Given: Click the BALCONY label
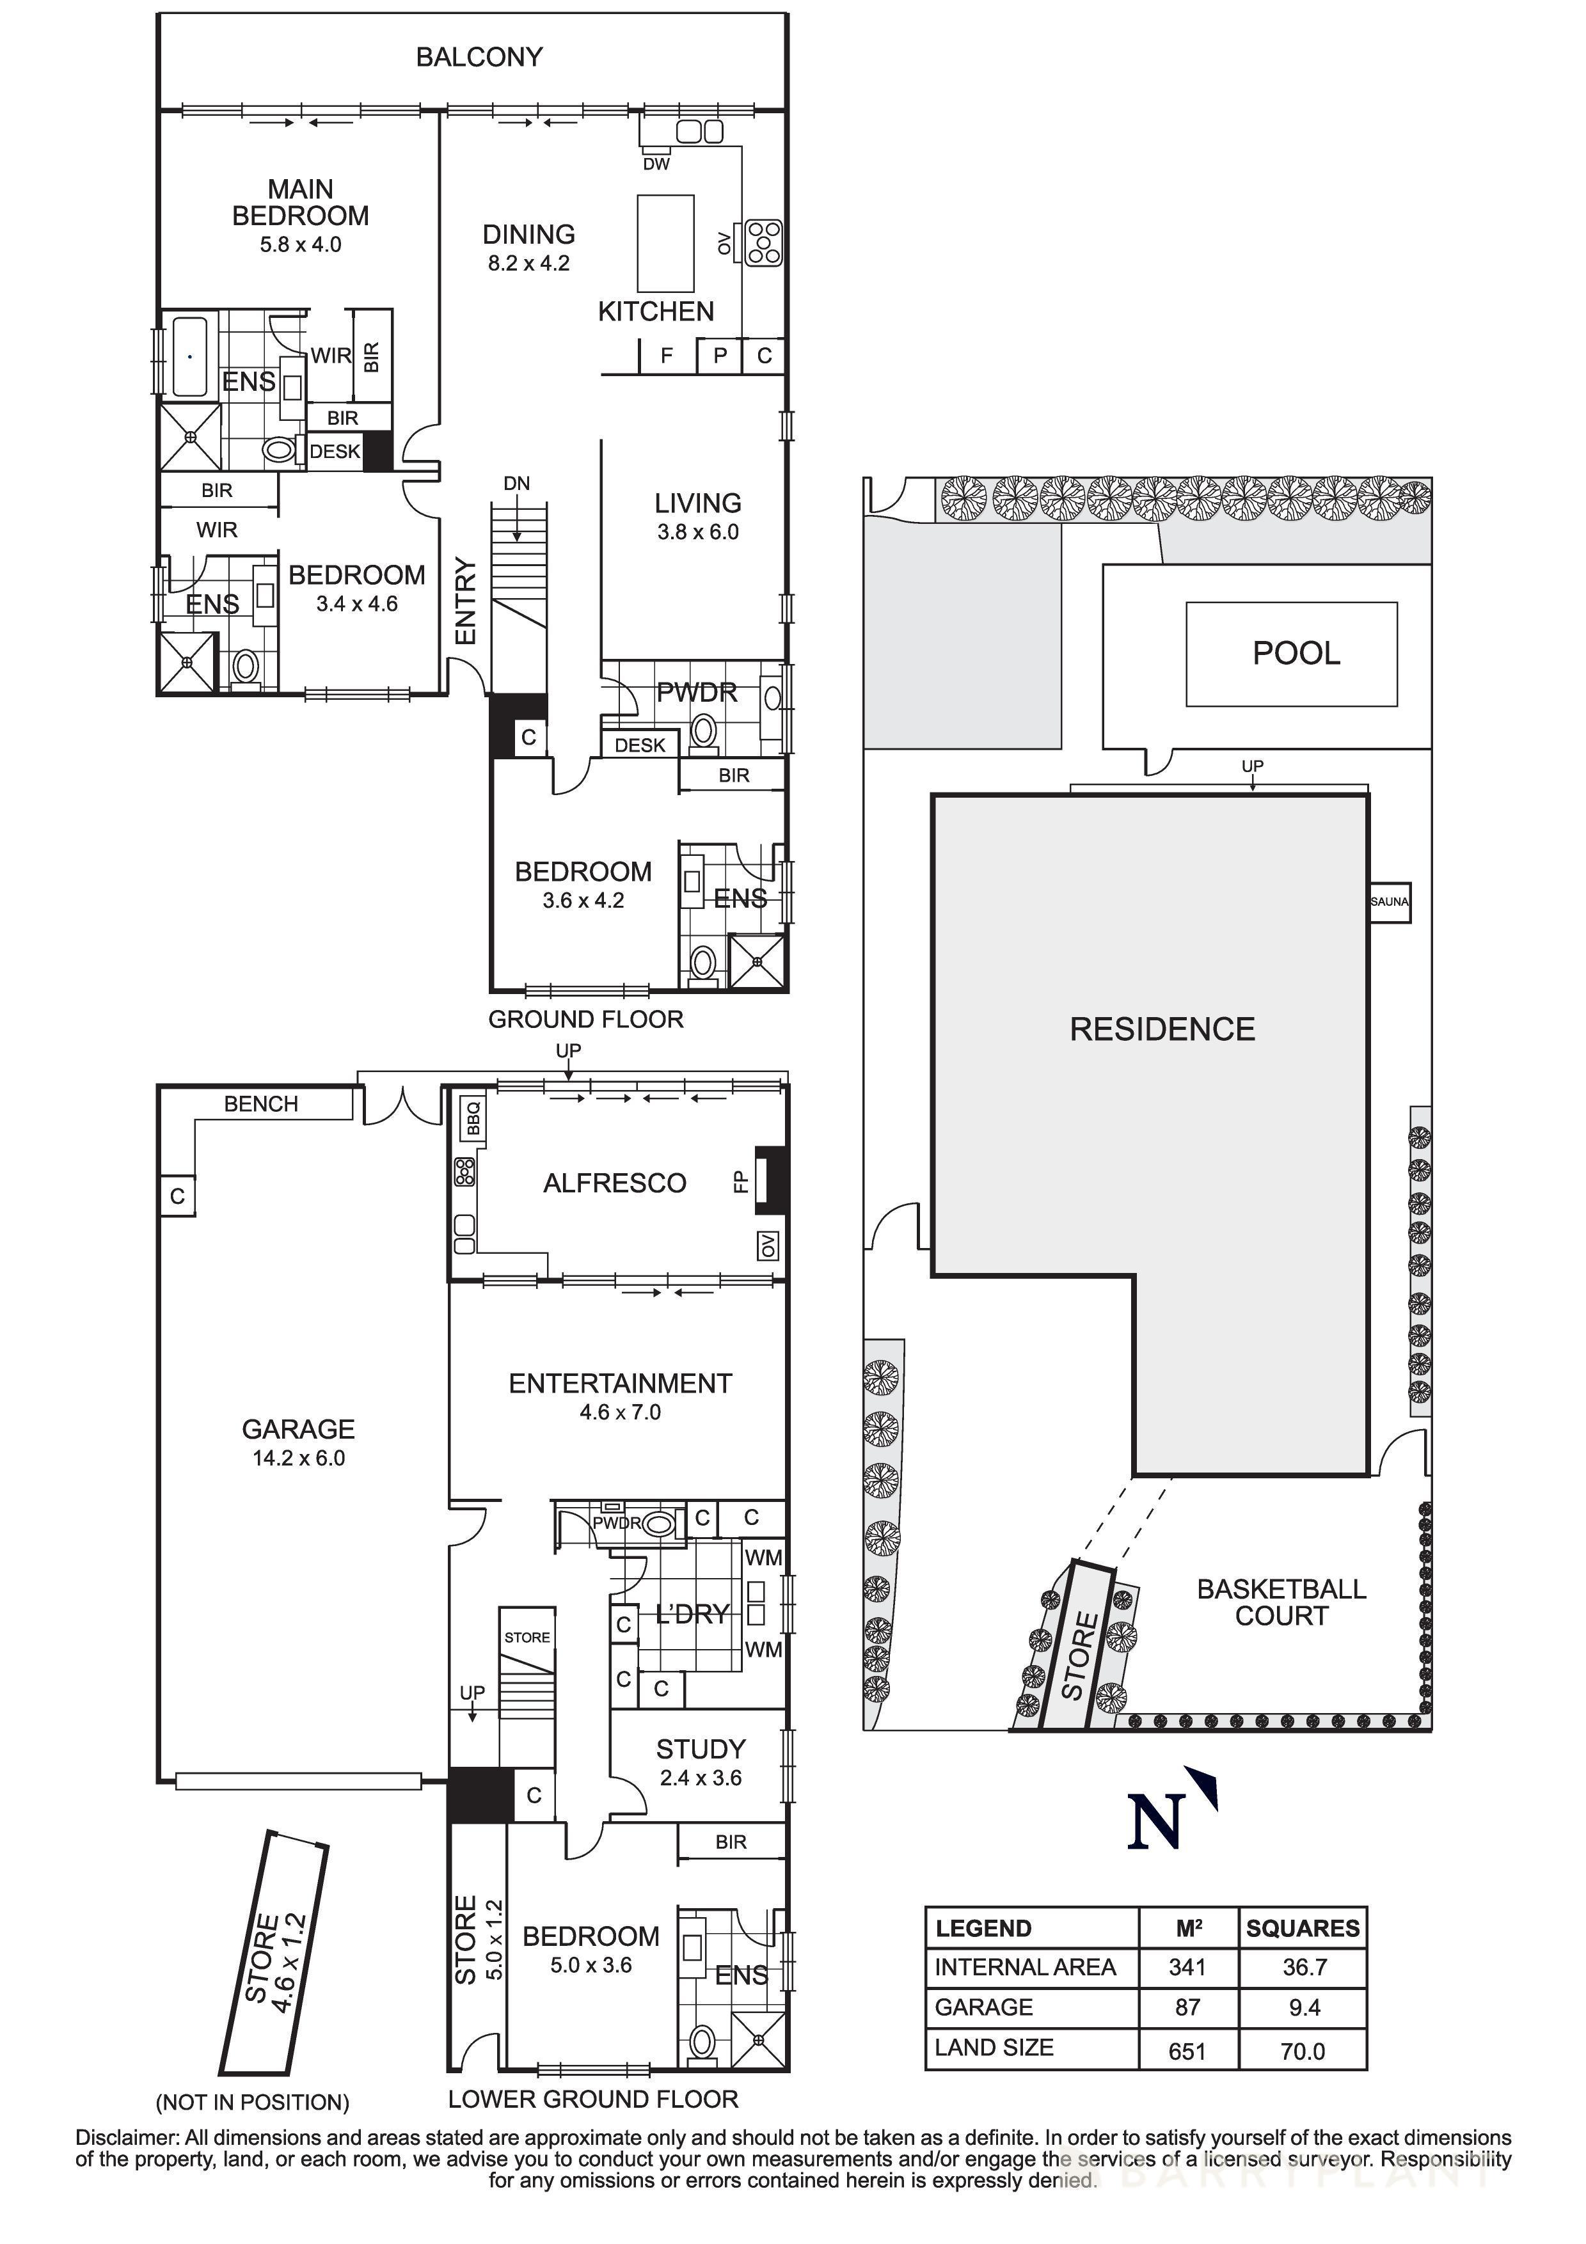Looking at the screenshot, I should click(479, 58).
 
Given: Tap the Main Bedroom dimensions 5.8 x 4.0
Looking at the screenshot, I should click(300, 245).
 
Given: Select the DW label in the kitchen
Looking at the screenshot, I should click(656, 164).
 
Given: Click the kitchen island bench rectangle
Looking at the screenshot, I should click(665, 243).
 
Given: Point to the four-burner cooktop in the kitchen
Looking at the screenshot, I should click(763, 243).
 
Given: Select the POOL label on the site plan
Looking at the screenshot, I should click(1296, 653).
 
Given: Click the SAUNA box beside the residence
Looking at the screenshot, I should click(1388, 901).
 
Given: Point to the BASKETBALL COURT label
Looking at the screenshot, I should click(1280, 1603).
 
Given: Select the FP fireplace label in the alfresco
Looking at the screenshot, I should click(740, 1181).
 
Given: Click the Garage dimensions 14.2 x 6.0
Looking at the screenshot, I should click(298, 1458).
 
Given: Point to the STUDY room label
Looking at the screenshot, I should click(701, 1748).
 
